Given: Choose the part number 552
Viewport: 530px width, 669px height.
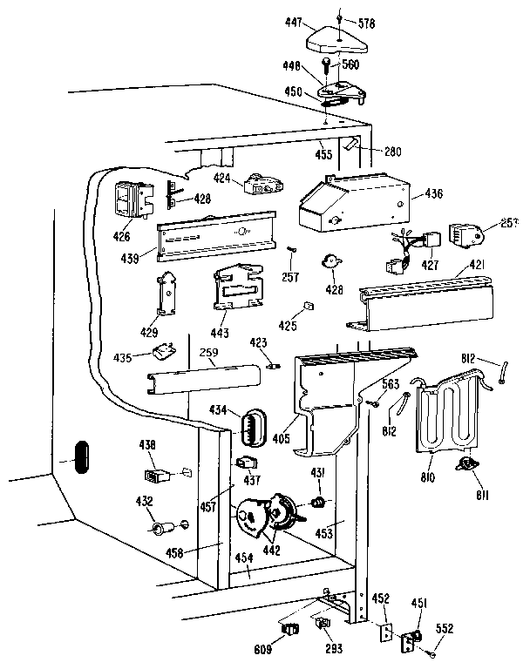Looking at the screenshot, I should (x=445, y=629).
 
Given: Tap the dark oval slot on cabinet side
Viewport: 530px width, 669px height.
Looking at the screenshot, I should (x=78, y=456).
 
